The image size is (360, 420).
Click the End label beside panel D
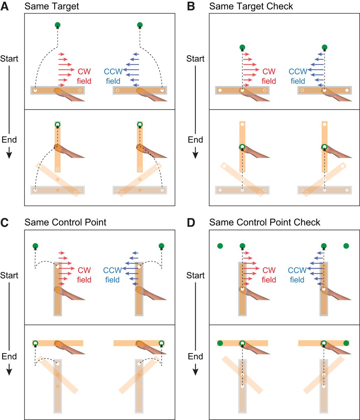pyautogui.click(x=196, y=356)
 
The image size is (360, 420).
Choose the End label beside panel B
pyautogui.click(x=196, y=140)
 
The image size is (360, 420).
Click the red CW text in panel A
pyautogui.click(x=84, y=72)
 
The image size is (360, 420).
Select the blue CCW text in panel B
pyautogui.click(x=298, y=72)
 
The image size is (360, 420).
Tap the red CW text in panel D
pyautogui.click(x=269, y=270)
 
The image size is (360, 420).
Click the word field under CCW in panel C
pyautogui.click(x=112, y=280)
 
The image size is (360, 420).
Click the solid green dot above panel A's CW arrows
pyautogui.click(x=58, y=25)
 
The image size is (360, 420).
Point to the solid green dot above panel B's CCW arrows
pyautogui.click(x=324, y=47)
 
